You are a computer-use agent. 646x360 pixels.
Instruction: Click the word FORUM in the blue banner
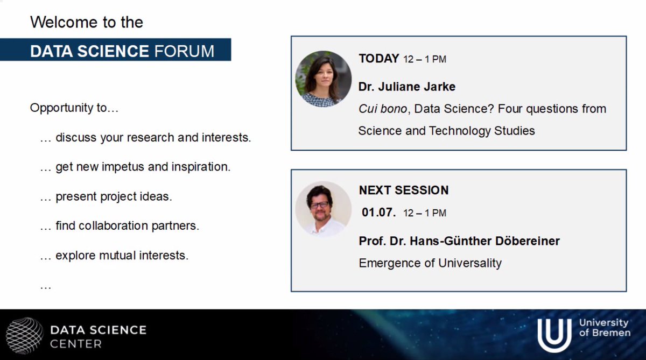(x=184, y=51)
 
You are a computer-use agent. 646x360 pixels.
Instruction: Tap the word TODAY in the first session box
(x=379, y=59)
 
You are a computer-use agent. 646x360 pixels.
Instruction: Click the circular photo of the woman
(x=323, y=79)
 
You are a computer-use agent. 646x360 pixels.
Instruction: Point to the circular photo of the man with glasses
(x=323, y=209)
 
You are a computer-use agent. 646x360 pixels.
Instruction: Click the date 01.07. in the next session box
(x=378, y=213)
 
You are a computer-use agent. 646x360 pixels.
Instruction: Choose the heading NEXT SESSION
(x=404, y=190)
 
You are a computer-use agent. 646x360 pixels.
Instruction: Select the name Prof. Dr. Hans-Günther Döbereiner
(x=459, y=241)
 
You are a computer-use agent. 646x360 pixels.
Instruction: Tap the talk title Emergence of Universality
(x=430, y=263)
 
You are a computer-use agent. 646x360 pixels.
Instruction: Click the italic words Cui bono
(x=382, y=109)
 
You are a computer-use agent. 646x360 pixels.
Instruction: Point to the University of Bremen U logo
(x=554, y=335)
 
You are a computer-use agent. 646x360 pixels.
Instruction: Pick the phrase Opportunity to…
(x=74, y=108)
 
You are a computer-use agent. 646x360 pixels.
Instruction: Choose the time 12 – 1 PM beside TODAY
(x=425, y=59)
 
